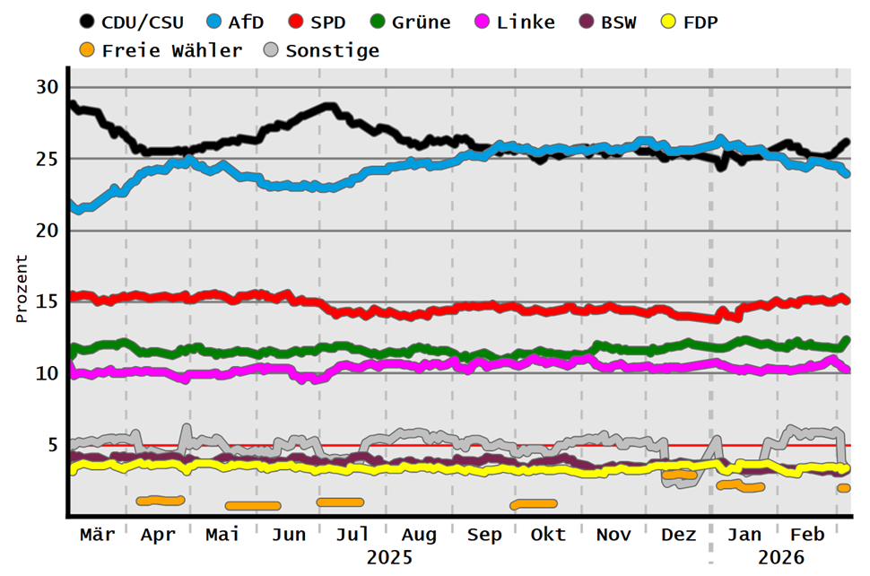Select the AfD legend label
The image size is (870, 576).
[245, 22]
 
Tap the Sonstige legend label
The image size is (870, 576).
[333, 50]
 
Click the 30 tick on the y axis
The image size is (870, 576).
[47, 87]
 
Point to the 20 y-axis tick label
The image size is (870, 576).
[47, 230]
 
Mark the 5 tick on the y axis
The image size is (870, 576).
[52, 445]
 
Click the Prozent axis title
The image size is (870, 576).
[22, 289]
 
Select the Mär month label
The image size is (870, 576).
[97, 535]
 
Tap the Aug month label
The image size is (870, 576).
[419, 535]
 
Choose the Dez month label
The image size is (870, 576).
[679, 535]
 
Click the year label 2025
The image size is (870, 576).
[389, 557]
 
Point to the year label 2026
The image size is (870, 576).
[780, 557]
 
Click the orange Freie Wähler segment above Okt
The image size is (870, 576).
[533, 504]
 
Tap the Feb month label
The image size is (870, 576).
[808, 535]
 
